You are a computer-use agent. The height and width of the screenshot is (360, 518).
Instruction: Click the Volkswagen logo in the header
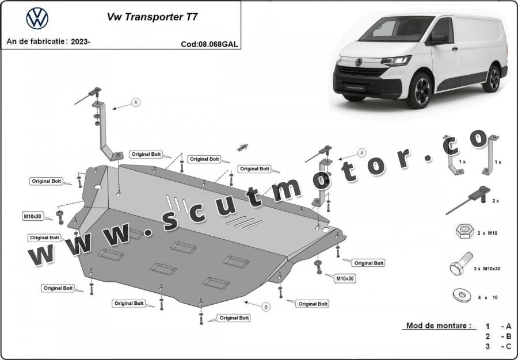click(x=37, y=18)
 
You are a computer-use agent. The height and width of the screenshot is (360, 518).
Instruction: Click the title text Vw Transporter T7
click(x=153, y=17)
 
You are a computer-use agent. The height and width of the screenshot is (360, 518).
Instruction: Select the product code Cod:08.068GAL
click(x=209, y=44)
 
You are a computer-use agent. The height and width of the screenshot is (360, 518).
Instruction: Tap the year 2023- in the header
click(x=81, y=41)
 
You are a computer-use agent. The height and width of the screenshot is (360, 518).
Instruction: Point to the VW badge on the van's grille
click(x=359, y=62)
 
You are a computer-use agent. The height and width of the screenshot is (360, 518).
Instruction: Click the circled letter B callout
click(x=266, y=307)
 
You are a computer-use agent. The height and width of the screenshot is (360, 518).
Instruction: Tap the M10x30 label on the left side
click(x=32, y=216)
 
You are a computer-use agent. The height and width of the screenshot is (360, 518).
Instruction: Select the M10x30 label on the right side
click(x=345, y=278)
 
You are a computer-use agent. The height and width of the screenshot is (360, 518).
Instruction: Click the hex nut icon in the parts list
click(x=465, y=231)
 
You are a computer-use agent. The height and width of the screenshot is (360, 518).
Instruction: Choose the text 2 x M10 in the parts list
click(x=487, y=233)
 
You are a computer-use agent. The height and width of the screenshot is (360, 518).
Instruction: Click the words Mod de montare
click(x=439, y=325)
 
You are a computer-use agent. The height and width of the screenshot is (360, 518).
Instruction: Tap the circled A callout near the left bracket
click(x=136, y=102)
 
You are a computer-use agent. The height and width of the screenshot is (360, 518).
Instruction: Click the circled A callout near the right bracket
click(x=362, y=153)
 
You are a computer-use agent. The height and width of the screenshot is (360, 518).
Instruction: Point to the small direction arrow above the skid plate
click(x=242, y=147)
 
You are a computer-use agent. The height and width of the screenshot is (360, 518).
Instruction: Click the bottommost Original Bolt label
click(x=234, y=318)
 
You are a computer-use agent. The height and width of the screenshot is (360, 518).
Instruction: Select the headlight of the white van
click(x=395, y=61)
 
